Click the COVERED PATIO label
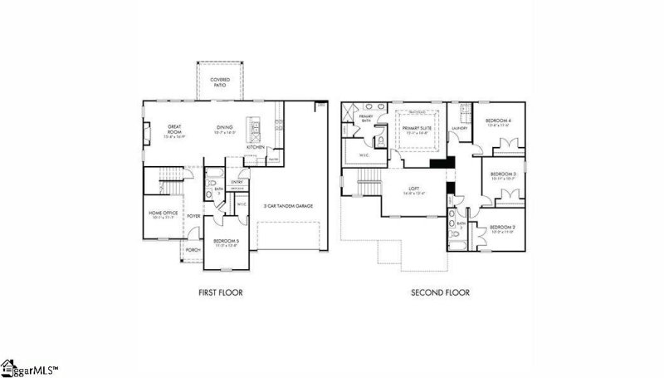click(220, 82)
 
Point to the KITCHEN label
click(255, 147)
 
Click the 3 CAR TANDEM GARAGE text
click(288, 204)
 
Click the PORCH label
click(193, 249)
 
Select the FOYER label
click(194, 215)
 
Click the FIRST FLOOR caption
click(221, 292)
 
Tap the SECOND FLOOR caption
click(440, 292)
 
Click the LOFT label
click(413, 189)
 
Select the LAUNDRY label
click(461, 129)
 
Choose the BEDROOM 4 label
click(498, 121)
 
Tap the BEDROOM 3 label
click(502, 174)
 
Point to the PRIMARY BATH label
click(366, 118)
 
